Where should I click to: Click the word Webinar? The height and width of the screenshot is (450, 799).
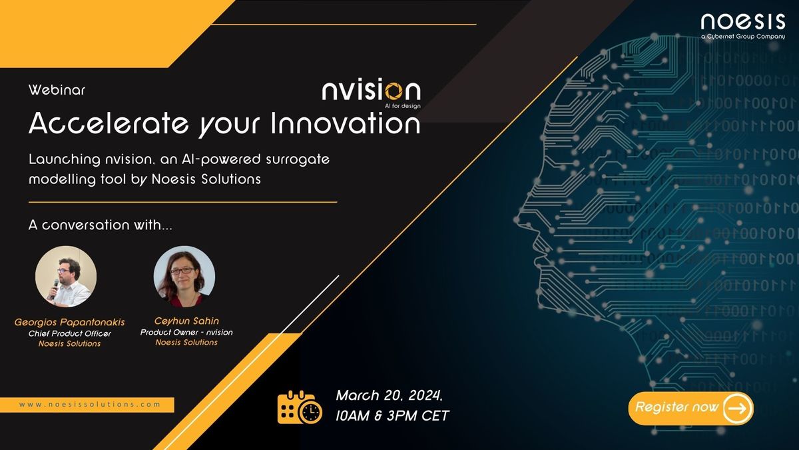pos(57,88)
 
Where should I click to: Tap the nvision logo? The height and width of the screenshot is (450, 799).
pos(371,92)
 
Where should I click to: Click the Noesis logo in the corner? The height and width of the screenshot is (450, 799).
pos(742,21)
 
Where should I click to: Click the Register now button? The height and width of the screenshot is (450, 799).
pos(690,407)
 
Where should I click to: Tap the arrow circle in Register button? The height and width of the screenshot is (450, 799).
pos(737,407)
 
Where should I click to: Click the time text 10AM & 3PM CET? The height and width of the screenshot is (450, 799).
pos(392,416)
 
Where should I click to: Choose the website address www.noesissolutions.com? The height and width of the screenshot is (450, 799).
pos(89,405)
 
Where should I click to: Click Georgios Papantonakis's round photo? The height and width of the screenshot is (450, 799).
pos(66,277)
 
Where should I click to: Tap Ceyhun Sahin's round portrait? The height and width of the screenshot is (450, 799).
pos(184,275)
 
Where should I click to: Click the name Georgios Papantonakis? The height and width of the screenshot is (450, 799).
pos(70,322)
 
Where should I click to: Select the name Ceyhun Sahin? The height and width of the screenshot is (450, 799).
pos(186,321)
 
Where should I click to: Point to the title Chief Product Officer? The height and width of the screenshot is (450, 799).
pos(70,333)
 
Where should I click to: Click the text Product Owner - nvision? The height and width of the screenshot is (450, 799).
pos(186,331)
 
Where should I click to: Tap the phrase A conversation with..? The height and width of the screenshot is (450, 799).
pos(101,225)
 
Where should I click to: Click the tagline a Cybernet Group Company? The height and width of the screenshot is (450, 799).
pos(742,37)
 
